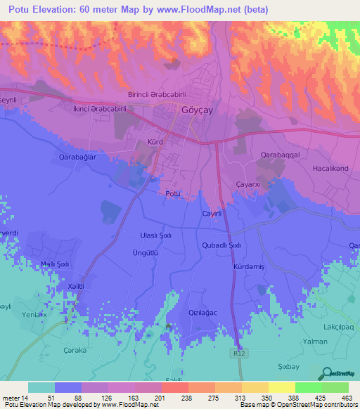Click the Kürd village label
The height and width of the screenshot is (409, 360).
[155, 141]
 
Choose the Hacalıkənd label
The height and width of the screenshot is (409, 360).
[328, 169]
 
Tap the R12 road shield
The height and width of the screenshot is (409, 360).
[240, 356]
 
